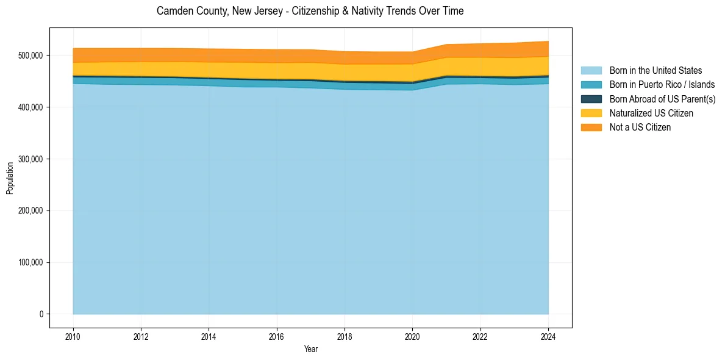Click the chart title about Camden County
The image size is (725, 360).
[x=310, y=11]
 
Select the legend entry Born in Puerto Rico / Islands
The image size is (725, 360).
[x=662, y=85]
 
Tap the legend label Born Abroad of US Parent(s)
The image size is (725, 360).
[x=662, y=99]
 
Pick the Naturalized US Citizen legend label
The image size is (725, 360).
[x=651, y=113]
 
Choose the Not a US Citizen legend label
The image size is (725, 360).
[x=640, y=128]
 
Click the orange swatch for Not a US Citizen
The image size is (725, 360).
[x=591, y=128]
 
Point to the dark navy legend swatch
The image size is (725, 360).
[x=591, y=99]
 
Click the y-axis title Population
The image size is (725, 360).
[x=10, y=178]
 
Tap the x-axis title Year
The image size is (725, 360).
[x=310, y=349]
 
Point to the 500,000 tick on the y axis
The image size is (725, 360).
[x=30, y=56]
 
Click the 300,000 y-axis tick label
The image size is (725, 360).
[x=30, y=159]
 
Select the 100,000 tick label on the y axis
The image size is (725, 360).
[x=30, y=262]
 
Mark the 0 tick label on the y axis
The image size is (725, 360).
[x=41, y=314]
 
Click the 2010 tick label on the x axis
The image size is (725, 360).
[x=73, y=336]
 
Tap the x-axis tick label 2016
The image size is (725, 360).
[x=277, y=336]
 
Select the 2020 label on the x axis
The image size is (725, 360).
[x=413, y=336]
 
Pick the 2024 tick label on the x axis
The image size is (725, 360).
[x=549, y=336]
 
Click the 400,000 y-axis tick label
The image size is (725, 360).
[x=30, y=107]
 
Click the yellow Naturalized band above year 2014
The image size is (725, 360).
[x=209, y=70]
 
